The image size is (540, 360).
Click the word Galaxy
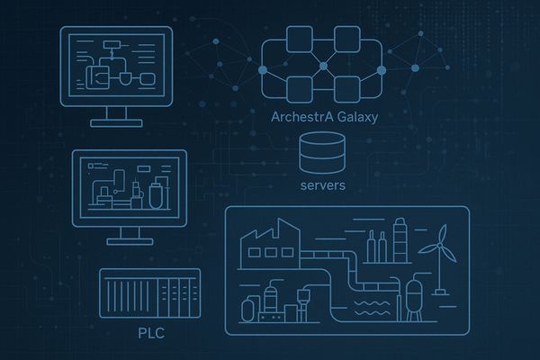[x=357, y=118]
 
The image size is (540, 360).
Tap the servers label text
[x=323, y=185]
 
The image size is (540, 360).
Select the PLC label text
[x=151, y=333]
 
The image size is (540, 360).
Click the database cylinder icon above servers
[x=322, y=153]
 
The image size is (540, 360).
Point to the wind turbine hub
[x=439, y=246]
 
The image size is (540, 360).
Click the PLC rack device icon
[x=149, y=293]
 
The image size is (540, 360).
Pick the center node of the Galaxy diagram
[x=323, y=66]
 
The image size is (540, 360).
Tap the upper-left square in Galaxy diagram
[x=300, y=40]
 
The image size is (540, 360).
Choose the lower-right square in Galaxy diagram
[x=347, y=90]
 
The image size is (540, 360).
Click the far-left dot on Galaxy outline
[x=263, y=70]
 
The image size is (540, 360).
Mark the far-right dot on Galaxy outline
[x=382, y=70]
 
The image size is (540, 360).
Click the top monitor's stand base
[x=116, y=123]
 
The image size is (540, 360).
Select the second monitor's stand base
[x=130, y=241]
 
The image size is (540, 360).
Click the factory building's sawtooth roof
[x=270, y=229]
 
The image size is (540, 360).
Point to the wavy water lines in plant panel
[x=373, y=308]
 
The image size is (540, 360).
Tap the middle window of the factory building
[x=271, y=253]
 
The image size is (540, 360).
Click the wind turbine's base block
[x=441, y=292]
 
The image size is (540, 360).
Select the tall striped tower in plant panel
[x=400, y=240]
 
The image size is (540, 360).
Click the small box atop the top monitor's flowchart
[x=112, y=45]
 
